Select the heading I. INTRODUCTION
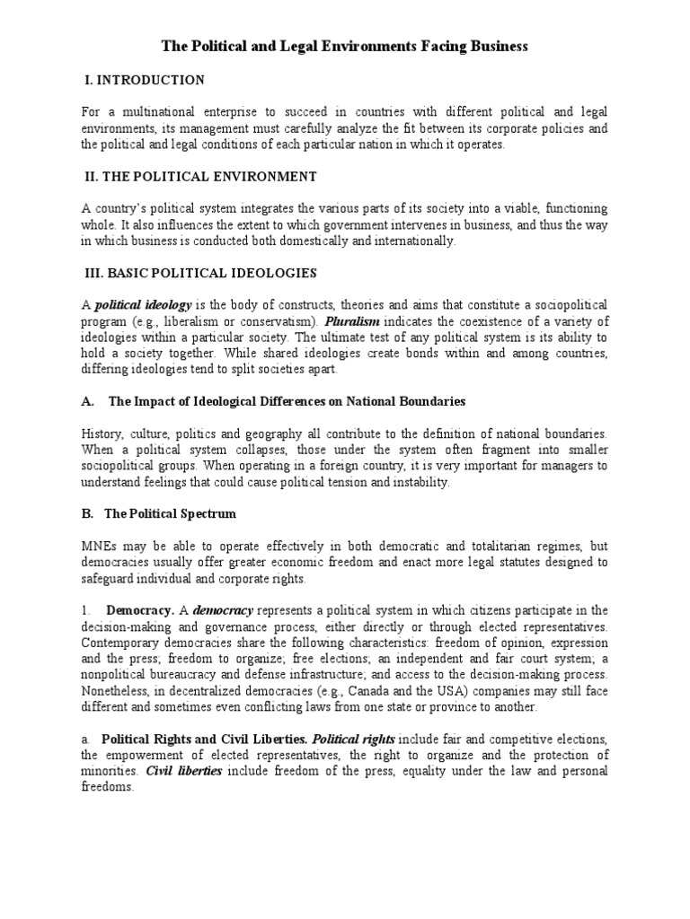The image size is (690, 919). pos(144,81)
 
